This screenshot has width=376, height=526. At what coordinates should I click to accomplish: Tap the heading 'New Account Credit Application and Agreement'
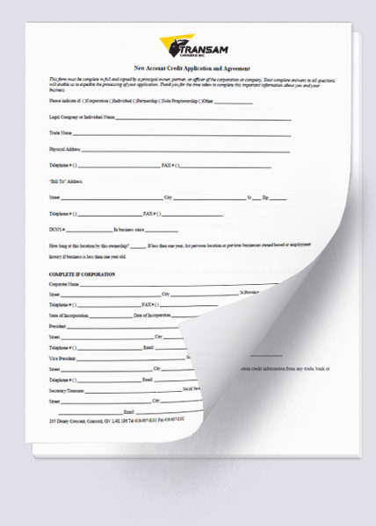pos(191,68)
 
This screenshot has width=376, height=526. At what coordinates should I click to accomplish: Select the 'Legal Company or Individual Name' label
pos(82,117)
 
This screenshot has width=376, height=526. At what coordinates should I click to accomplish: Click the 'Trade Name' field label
pos(61,132)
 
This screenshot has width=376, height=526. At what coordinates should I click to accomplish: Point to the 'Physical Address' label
pos(65,149)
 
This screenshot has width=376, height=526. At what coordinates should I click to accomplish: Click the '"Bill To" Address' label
pos(66,181)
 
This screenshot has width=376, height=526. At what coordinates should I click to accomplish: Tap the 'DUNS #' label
pos(58,229)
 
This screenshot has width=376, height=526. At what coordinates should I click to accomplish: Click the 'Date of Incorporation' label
pos(152,315)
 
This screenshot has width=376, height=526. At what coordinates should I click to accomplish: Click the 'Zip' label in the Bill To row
pos(266,197)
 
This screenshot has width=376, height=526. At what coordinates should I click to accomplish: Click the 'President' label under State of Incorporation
pos(57,325)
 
